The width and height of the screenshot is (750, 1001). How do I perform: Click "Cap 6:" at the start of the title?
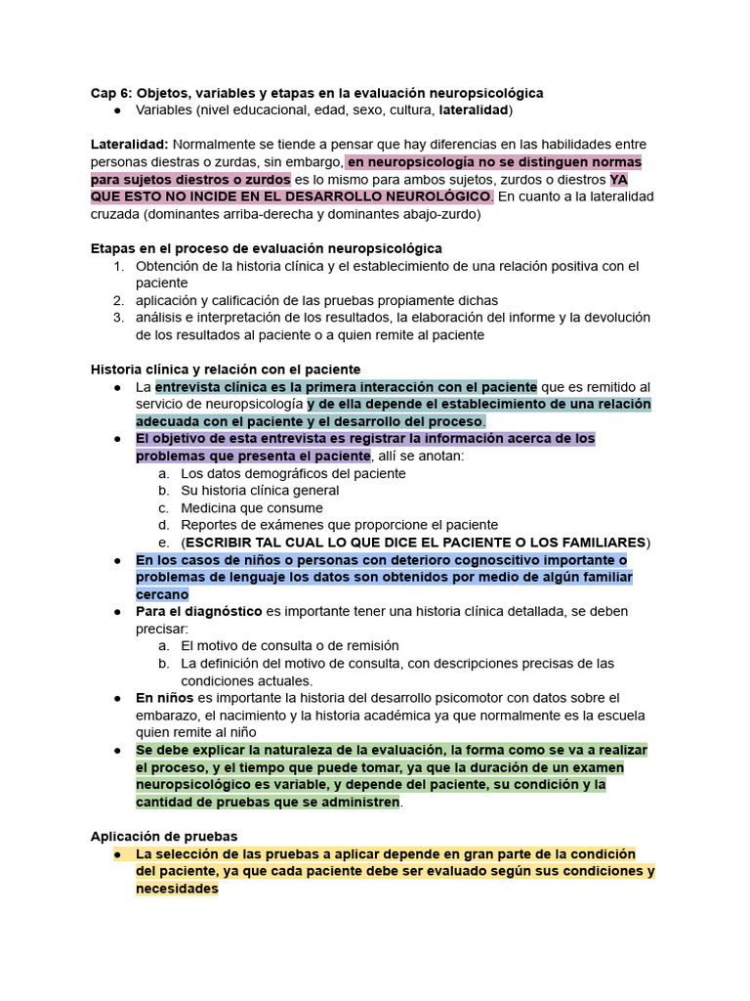111,93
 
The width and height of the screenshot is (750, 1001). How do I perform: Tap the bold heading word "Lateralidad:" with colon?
130,145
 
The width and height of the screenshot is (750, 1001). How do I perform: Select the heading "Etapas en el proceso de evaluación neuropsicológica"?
266,248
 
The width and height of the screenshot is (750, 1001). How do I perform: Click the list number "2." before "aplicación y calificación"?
118,300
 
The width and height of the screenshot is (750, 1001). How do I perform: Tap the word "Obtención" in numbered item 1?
167,266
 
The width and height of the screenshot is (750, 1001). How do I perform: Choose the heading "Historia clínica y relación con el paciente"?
226,370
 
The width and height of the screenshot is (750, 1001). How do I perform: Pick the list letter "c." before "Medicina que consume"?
163,508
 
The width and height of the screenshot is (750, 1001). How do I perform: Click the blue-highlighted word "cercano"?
162,594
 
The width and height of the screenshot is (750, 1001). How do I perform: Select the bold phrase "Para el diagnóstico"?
199,611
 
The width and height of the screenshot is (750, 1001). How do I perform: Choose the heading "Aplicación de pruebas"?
164,837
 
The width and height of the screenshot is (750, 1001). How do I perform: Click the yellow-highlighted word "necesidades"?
177,890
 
